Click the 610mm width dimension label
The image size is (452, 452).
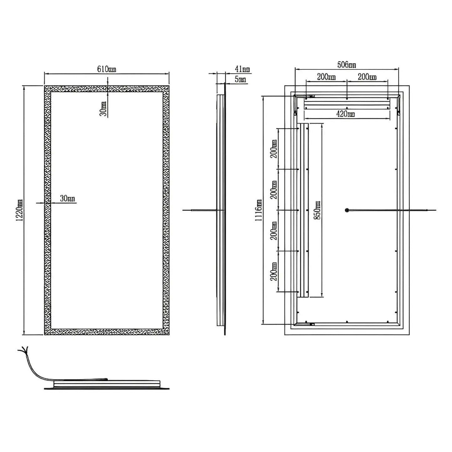click(x=106, y=69)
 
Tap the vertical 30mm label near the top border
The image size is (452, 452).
click(x=103, y=109)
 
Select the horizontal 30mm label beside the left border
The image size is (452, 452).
click(x=68, y=198)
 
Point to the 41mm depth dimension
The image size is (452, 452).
click(x=242, y=69)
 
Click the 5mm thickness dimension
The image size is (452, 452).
click(x=240, y=79)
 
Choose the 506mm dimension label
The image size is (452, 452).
click(x=346, y=65)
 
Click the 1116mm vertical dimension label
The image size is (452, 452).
click(x=259, y=210)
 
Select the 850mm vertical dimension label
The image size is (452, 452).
click(x=317, y=210)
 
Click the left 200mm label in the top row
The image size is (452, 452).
click(x=326, y=77)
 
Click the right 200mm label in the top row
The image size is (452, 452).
click(x=367, y=77)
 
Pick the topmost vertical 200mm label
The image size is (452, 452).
click(x=274, y=149)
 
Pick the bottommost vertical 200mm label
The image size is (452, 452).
click(x=274, y=272)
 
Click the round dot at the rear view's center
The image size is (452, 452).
click(x=347, y=210)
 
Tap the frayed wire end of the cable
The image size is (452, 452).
click(x=23, y=350)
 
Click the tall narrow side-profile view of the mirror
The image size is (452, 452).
click(x=221, y=210)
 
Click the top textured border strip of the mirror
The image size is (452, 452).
click(x=106, y=89)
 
